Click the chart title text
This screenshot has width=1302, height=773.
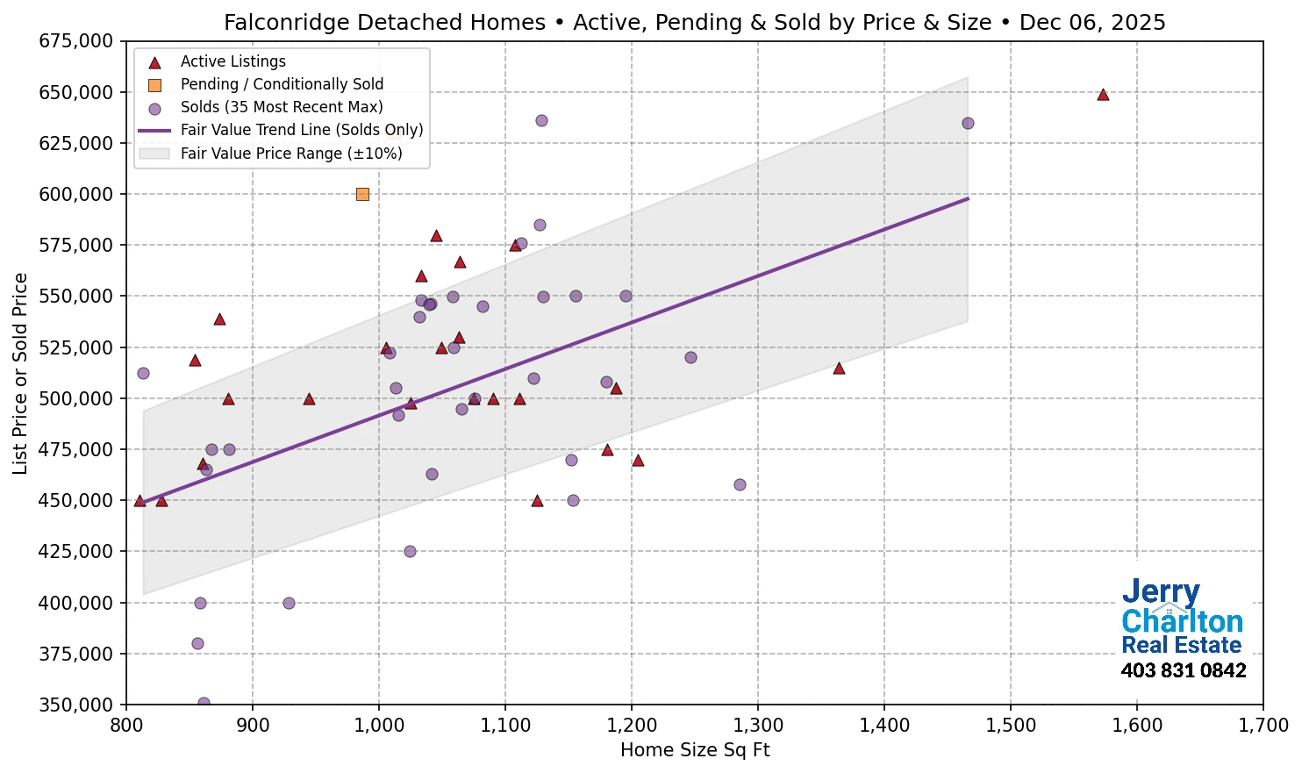[x=694, y=22]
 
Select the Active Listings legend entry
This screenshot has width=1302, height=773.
[x=232, y=61]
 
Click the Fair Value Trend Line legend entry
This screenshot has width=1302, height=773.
[x=301, y=130]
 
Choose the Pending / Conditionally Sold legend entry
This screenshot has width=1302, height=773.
[x=281, y=84]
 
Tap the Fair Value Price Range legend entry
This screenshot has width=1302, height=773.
[x=290, y=154]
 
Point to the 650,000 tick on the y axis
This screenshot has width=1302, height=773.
[x=76, y=92]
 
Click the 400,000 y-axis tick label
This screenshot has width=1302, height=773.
[x=76, y=603]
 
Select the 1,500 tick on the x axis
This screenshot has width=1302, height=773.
[x=1010, y=725]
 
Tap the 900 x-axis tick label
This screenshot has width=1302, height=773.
[x=253, y=725]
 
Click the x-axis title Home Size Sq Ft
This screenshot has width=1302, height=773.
[x=694, y=750]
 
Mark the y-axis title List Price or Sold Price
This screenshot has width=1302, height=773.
[x=20, y=373]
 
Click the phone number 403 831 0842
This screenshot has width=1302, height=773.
[x=1183, y=671]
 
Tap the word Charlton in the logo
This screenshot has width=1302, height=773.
[x=1182, y=621]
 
